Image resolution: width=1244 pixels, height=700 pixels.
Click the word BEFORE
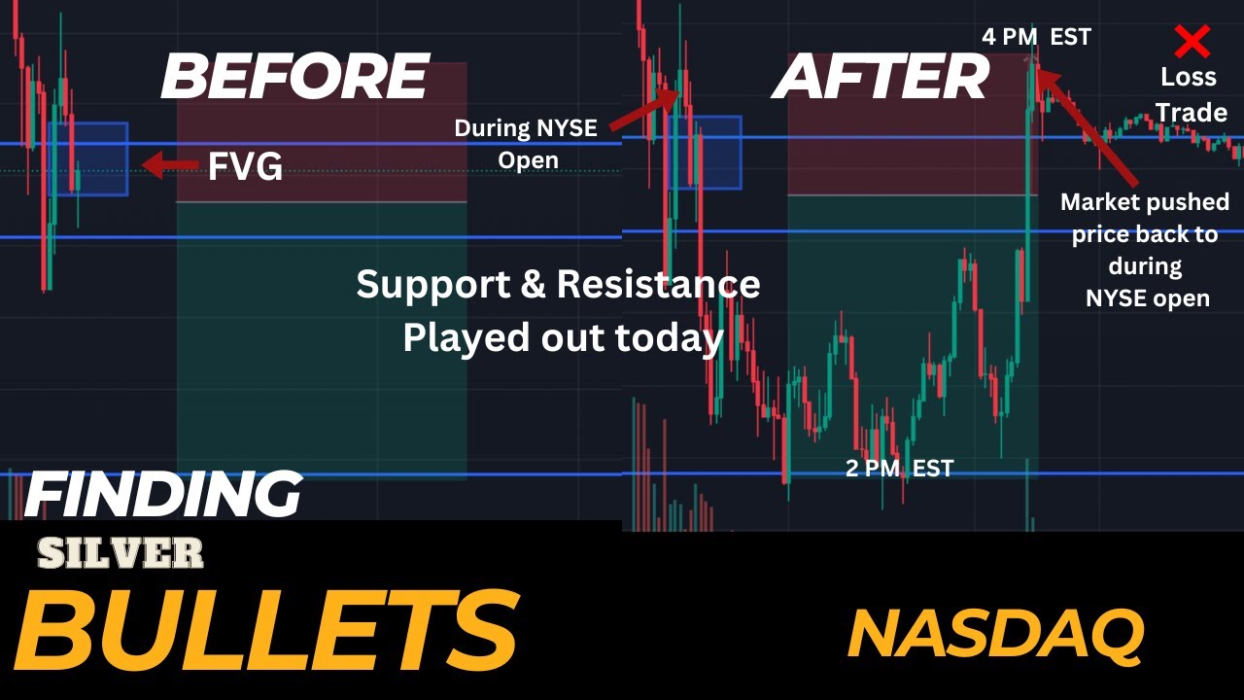click(x=294, y=77)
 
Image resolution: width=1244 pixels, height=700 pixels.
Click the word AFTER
click(x=881, y=77)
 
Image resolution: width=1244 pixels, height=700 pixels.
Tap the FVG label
click(x=245, y=167)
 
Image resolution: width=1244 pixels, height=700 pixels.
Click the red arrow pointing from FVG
click(x=170, y=165)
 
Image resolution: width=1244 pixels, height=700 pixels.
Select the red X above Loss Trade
click(x=1192, y=41)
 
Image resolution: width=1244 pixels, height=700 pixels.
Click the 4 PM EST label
click(x=1036, y=37)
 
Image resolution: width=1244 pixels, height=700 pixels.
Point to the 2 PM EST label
click(x=899, y=469)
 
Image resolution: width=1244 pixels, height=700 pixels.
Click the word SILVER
click(x=121, y=553)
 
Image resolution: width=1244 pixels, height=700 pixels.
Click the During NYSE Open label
click(x=526, y=143)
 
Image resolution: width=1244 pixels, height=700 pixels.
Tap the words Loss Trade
click(x=1191, y=94)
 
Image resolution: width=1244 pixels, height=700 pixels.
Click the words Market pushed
click(x=1144, y=202)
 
